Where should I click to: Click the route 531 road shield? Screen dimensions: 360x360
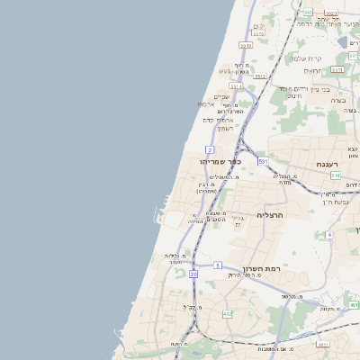263,160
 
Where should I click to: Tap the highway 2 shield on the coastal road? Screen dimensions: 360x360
210,149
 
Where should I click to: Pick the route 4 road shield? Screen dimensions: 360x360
329,235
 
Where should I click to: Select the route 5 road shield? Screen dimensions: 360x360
218,265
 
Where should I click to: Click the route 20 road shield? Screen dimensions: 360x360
193,273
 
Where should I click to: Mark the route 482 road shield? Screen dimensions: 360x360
227,313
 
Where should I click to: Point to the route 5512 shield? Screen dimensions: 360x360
260,77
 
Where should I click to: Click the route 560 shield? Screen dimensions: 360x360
307,13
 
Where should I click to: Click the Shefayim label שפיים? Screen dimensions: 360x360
221,97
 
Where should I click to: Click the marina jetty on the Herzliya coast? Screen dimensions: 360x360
158,216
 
